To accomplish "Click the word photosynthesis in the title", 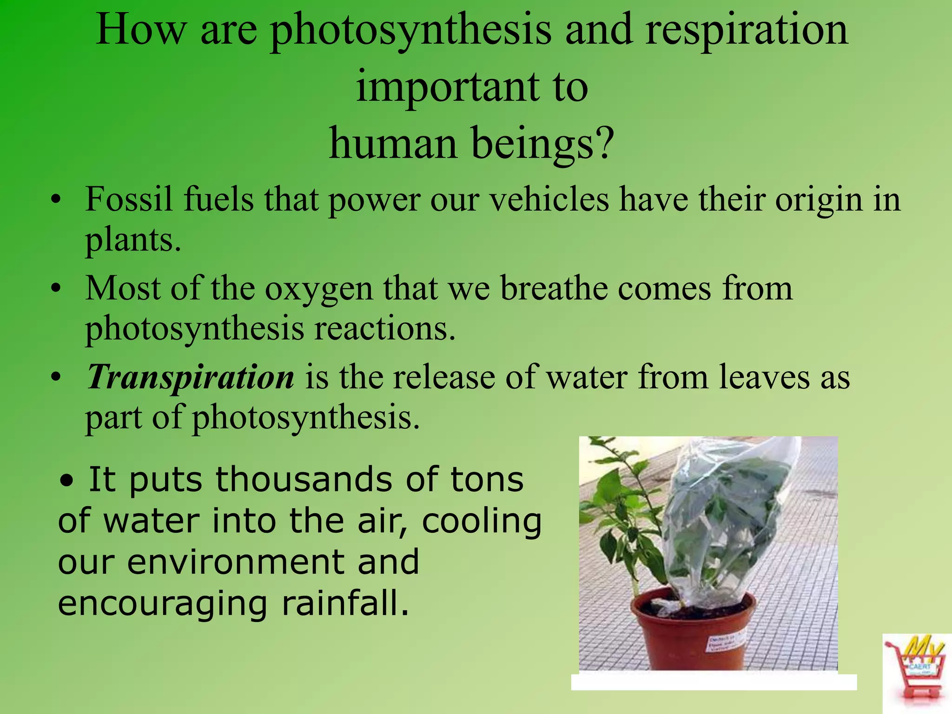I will pyautogui.click(x=410, y=32).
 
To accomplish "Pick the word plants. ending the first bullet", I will pyautogui.click(x=132, y=240).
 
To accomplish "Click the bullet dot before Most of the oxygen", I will pyautogui.click(x=56, y=288).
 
